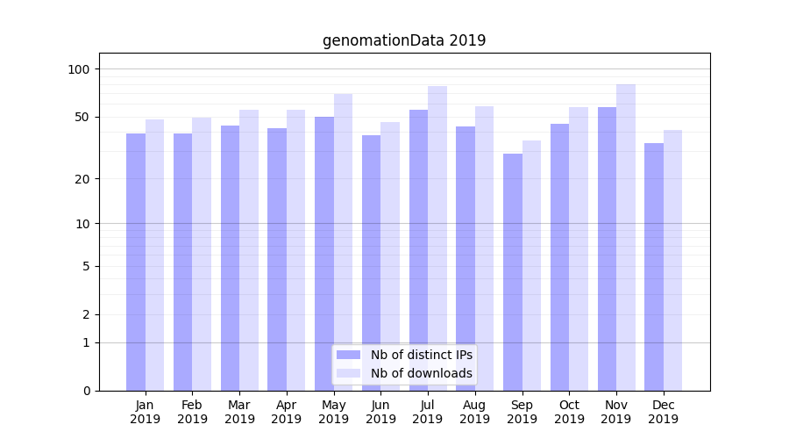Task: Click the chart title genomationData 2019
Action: coord(403,40)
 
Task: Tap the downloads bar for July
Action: coord(437,238)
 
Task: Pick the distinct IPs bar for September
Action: coord(512,272)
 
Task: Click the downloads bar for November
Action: coord(626,237)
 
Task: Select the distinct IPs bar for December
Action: coord(654,267)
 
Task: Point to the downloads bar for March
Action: coord(249,250)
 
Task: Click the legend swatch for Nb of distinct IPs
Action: coord(348,355)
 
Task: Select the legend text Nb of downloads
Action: coord(421,373)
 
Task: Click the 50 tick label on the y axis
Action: coord(82,117)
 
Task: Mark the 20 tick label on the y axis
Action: coord(82,179)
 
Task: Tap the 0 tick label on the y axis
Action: coord(86,391)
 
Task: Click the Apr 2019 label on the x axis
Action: coord(287,412)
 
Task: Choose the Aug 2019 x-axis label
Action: coord(474,412)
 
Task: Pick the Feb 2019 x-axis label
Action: coord(192,412)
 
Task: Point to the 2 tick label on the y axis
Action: coord(86,314)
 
